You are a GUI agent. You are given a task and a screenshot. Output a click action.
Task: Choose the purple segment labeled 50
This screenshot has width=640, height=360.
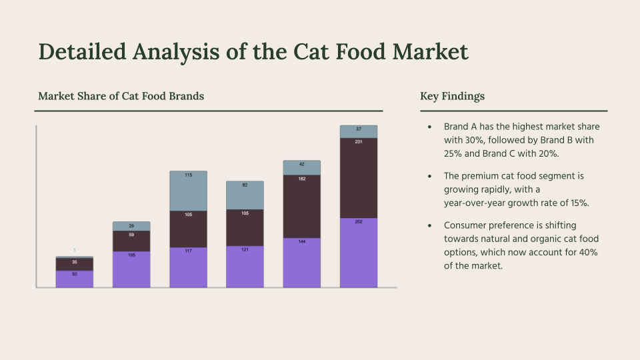tap(74, 280)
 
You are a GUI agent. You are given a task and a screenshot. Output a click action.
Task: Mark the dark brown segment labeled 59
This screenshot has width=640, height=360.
tap(131, 241)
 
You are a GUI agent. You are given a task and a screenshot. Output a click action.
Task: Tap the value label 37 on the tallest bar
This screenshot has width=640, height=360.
tap(359, 129)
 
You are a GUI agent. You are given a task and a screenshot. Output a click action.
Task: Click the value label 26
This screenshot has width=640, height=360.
tap(131, 226)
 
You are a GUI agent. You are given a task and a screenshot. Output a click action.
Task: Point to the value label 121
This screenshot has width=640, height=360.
tap(245, 249)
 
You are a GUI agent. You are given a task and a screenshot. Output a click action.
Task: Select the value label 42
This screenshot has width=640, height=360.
tap(301, 163)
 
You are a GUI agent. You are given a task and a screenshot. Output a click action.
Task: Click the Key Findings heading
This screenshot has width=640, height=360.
tap(452, 96)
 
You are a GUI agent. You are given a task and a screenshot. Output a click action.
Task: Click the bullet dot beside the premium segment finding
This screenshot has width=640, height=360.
tap(429, 176)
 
